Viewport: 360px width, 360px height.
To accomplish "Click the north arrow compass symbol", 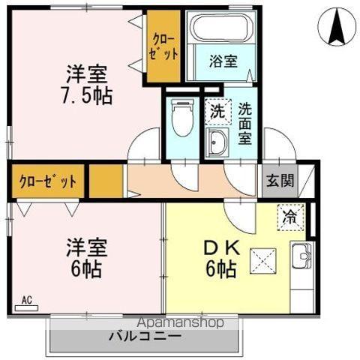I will (336, 28).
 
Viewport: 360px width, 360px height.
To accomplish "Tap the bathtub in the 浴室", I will (222, 31).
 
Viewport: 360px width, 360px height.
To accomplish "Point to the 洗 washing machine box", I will (216, 112).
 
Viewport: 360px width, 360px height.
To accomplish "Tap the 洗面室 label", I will (245, 123).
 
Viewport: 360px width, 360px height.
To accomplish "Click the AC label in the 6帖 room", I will (26, 301).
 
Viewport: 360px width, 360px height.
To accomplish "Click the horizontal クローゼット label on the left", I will (48, 181).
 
